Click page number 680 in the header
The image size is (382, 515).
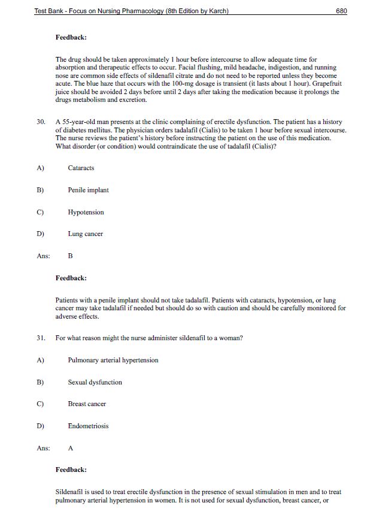(342, 11)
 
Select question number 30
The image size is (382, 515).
(41, 122)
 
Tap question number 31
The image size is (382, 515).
(41, 338)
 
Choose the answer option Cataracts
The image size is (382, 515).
(81, 168)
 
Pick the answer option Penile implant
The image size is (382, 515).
(88, 190)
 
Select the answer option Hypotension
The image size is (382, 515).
(86, 213)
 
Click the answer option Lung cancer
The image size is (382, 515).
(85, 234)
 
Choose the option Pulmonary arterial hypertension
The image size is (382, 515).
(113, 360)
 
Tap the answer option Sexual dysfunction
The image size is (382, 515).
(95, 383)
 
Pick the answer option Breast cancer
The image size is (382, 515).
(87, 404)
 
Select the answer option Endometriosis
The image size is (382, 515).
(88, 426)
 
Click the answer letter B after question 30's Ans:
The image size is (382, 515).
(71, 256)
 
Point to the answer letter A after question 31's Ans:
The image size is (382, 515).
(71, 448)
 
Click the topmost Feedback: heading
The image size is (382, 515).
(71, 38)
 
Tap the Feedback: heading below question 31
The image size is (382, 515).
(71, 470)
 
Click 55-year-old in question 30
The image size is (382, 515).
(81, 122)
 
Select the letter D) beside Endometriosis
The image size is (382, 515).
(40, 426)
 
